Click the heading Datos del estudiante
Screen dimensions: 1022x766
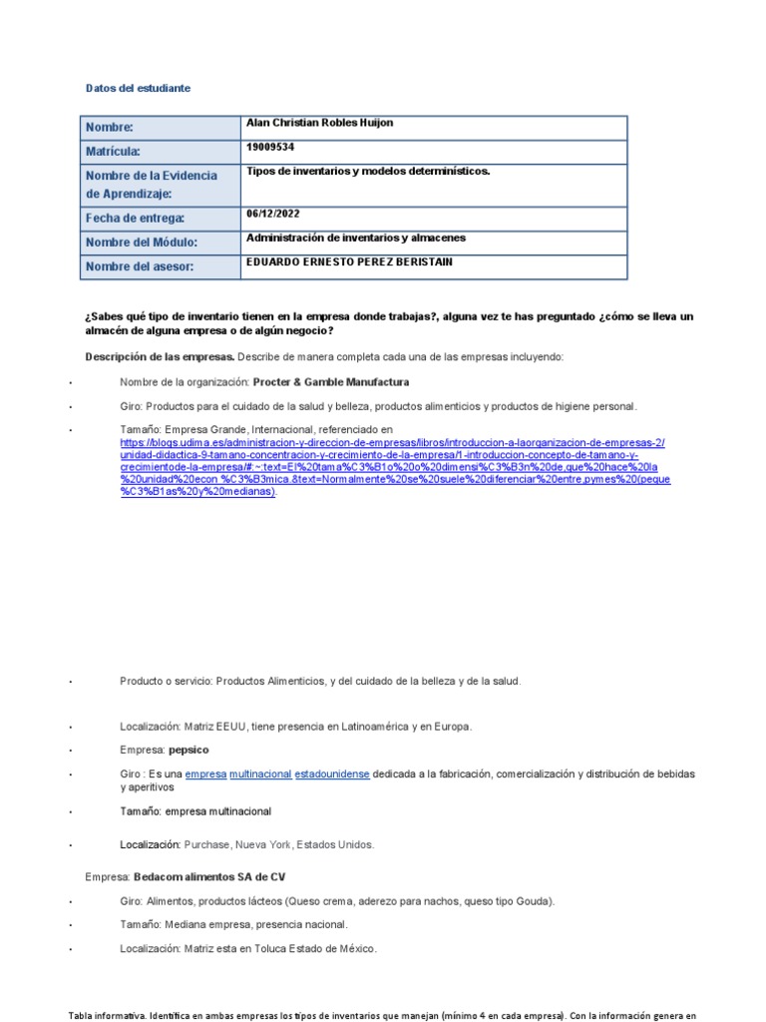[x=138, y=89]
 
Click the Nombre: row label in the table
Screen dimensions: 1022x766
[x=109, y=128]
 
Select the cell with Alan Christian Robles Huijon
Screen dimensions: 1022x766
[x=319, y=123]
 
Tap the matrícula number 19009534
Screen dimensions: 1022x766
[x=269, y=147]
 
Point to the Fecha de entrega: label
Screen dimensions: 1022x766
[x=135, y=219]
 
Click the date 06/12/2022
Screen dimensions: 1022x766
[x=272, y=214]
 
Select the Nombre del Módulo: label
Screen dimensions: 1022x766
[x=141, y=243]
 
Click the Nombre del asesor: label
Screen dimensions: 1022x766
[x=139, y=266]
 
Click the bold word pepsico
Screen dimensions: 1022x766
[x=189, y=750]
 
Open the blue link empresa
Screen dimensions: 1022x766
[x=205, y=774]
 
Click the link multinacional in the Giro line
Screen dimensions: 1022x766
[x=260, y=774]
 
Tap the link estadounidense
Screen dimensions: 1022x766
[x=331, y=774]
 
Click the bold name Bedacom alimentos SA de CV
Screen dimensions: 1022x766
[x=209, y=877]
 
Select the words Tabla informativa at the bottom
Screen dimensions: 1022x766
[x=105, y=1016]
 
